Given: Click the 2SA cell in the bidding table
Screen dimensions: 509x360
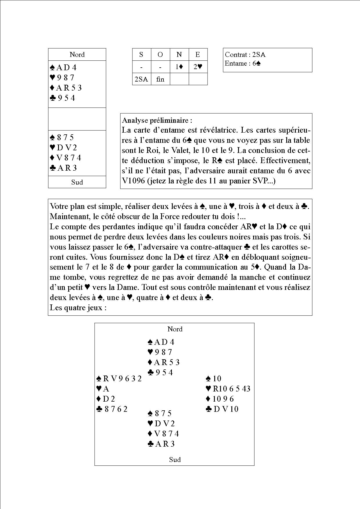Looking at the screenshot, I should pyautogui.click(x=141, y=79).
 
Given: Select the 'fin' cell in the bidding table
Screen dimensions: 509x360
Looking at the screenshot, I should pyautogui.click(x=160, y=79).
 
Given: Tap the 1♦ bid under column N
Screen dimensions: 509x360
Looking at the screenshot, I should pyautogui.click(x=179, y=67).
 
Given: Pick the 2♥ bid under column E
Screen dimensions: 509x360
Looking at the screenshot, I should pyautogui.click(x=198, y=67).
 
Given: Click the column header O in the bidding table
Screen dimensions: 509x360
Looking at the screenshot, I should pyautogui.click(x=160, y=55).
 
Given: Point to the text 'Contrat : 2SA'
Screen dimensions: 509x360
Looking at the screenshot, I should pyautogui.click(x=245, y=55).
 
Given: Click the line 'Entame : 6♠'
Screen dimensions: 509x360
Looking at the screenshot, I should pyautogui.click(x=243, y=63).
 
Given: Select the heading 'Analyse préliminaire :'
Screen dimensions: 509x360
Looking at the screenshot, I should pyautogui.click(x=157, y=120).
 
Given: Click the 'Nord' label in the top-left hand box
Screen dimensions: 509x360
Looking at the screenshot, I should pyautogui.click(x=77, y=55).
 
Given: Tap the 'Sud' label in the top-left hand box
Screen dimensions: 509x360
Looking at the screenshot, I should pyautogui.click(x=77, y=182).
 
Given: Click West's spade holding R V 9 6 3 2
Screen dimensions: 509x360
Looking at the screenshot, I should pyautogui.click(x=119, y=378).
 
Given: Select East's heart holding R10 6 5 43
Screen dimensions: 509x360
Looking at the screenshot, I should pyautogui.click(x=228, y=389).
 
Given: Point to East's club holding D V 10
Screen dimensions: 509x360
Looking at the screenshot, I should pyautogui.click(x=222, y=409).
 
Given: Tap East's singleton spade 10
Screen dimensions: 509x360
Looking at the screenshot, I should pyautogui.click(x=214, y=378).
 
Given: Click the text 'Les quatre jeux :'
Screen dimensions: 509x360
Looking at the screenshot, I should pyautogui.click(x=78, y=308).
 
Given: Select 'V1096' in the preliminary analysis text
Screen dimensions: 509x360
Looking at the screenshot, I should pyautogui.click(x=134, y=181).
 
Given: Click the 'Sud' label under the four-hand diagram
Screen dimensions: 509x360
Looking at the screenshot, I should pyautogui.click(x=175, y=459).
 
